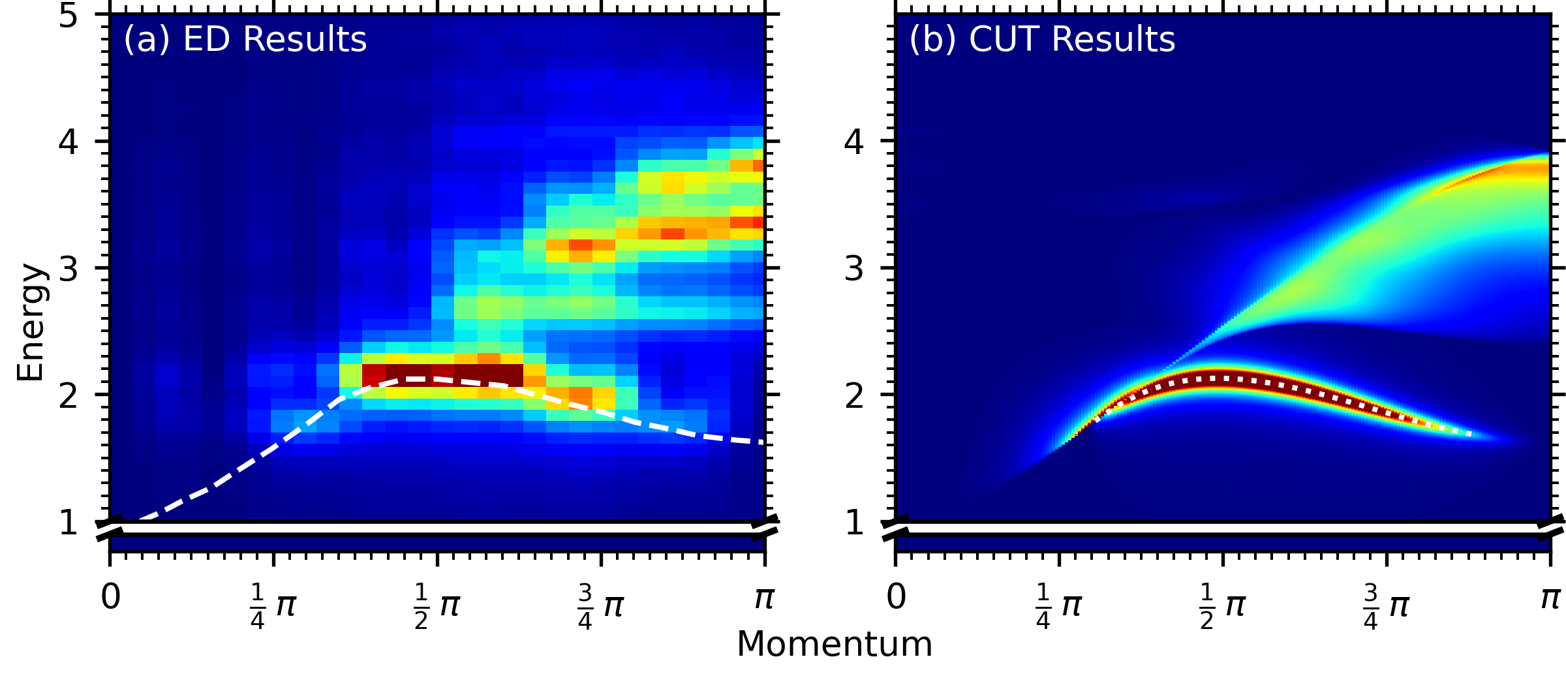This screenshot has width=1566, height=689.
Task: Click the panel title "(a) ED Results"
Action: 245,39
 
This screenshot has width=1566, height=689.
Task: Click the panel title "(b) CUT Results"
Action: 1042,39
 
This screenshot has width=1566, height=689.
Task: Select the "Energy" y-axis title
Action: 31,322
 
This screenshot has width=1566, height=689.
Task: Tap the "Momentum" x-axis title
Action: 835,645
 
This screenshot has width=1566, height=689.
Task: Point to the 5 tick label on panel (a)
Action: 69,16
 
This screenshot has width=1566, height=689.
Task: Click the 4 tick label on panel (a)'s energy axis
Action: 69,142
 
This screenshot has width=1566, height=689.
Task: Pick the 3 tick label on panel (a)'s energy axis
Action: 69,268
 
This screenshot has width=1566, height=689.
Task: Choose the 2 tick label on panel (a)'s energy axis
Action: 69,395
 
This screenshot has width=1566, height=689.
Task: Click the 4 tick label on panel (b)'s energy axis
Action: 854,142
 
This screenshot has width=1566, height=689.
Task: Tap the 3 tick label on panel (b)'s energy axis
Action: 854,268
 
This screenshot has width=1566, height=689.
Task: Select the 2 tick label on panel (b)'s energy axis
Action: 854,395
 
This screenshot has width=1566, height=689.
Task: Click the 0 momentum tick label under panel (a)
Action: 110,597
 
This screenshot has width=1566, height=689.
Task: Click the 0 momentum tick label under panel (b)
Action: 896,597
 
